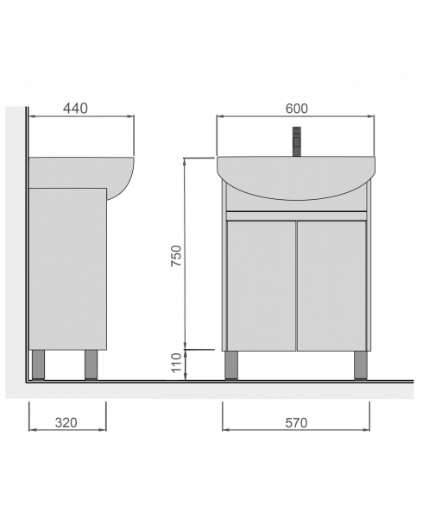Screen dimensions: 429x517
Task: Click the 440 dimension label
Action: point(76,109)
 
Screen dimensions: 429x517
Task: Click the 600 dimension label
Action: point(297,109)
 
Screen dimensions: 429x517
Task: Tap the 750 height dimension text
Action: point(176,256)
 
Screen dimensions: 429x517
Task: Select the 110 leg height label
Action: point(177,363)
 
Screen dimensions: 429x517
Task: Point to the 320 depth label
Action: point(66,422)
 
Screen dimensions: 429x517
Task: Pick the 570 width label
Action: point(296,423)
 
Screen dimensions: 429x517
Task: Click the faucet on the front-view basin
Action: point(297,141)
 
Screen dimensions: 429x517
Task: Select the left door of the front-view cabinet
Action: point(262,286)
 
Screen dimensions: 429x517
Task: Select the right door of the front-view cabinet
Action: point(331,286)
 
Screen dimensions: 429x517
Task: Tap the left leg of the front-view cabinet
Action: point(231,365)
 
